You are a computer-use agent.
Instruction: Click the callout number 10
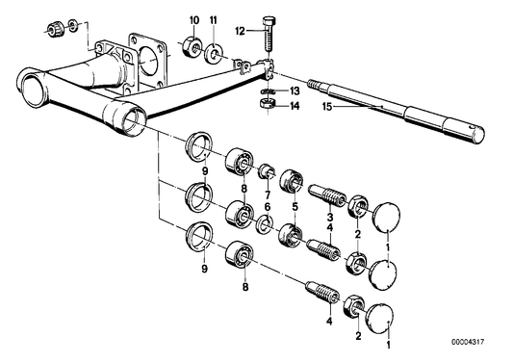(194, 20)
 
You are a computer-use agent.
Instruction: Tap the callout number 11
(213, 20)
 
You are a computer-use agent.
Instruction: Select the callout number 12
(240, 32)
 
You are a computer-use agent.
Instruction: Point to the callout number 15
(327, 107)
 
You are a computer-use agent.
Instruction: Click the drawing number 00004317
(468, 342)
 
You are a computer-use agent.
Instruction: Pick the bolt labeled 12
(268, 34)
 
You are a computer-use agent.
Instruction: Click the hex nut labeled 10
(192, 46)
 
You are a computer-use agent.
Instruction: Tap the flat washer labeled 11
(214, 53)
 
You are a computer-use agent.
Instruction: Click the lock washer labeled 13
(268, 91)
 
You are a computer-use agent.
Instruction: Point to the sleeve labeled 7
(268, 171)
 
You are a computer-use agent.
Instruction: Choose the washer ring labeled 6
(264, 223)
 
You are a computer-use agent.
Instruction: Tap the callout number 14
(295, 106)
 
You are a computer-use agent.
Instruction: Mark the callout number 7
(268, 195)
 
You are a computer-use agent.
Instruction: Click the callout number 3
(330, 217)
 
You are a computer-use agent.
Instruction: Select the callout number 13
(295, 91)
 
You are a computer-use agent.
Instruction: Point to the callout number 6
(268, 207)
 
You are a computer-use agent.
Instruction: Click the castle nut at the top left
(53, 29)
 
